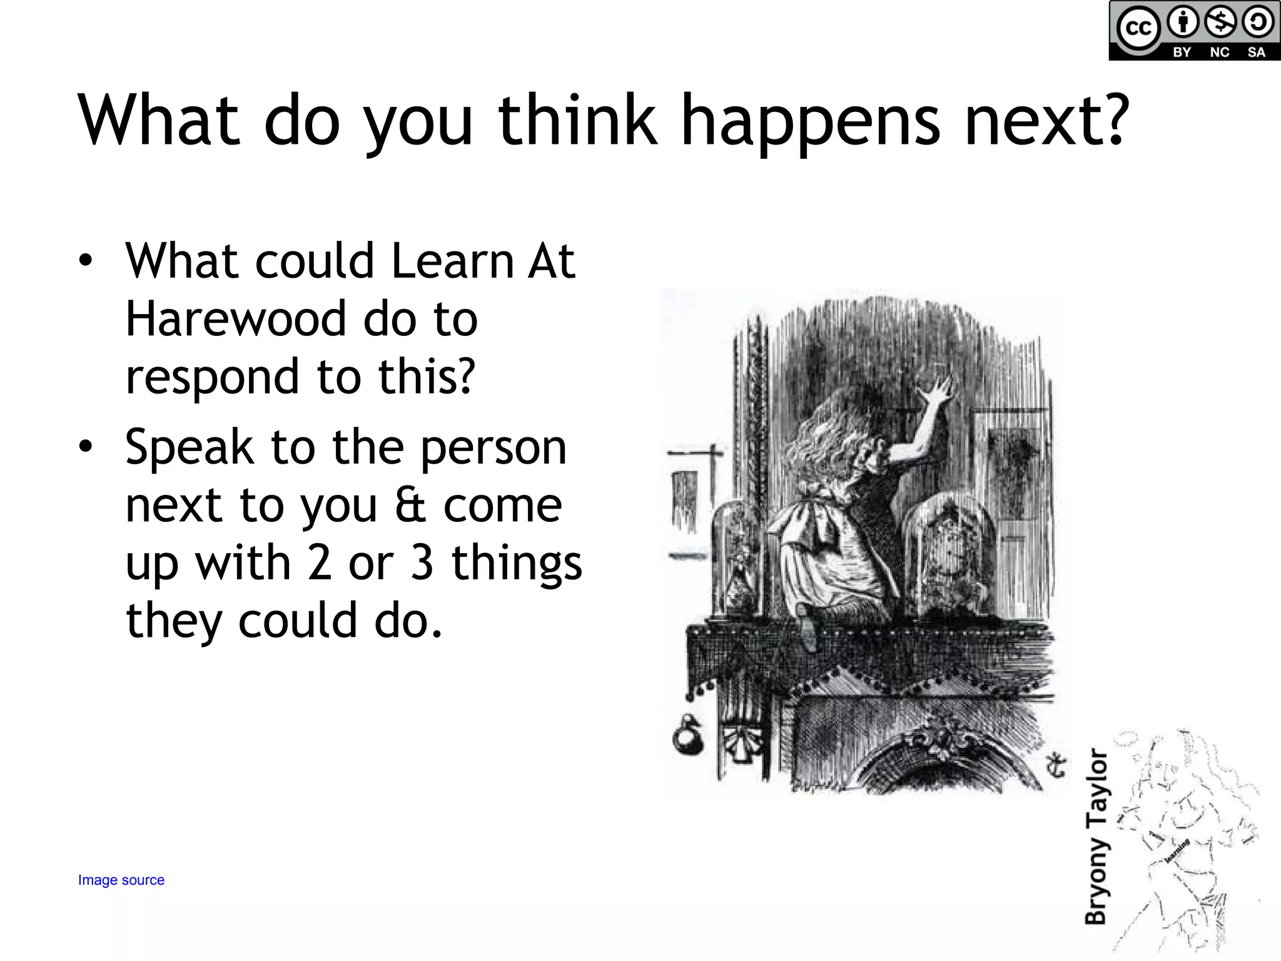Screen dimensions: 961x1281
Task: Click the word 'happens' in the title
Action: tap(810, 122)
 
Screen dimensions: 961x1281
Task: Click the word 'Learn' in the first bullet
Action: tap(450, 261)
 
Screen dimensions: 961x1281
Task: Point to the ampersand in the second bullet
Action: tap(410, 506)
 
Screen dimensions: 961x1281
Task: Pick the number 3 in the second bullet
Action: tap(422, 563)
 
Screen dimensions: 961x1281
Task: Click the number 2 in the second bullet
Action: tap(319, 563)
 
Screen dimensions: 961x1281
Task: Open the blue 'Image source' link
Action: tap(121, 880)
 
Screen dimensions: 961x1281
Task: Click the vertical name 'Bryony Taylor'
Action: tap(1096, 836)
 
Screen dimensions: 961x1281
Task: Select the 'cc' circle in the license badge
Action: tap(1138, 28)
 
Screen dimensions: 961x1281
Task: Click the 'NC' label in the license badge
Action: tap(1219, 53)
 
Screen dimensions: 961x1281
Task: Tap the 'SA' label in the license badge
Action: tap(1256, 53)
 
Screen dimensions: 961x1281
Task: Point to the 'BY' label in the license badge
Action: tap(1182, 53)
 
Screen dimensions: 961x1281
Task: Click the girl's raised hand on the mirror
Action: tap(936, 391)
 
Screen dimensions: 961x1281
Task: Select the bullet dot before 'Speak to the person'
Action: tap(86, 446)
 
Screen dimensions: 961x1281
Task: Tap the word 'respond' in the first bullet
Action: tap(212, 377)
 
